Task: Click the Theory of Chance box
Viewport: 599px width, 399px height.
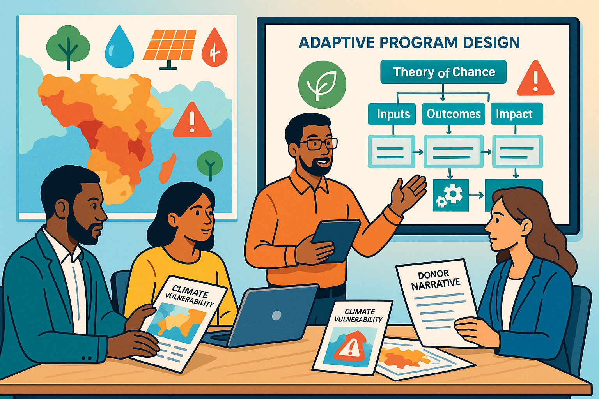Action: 443,72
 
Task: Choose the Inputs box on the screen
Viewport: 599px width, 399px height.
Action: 392,114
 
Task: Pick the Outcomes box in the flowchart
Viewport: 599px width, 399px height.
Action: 454,114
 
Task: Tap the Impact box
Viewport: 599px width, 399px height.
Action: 517,114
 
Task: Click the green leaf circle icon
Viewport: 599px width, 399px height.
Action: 322,84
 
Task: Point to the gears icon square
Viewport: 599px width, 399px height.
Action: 451,195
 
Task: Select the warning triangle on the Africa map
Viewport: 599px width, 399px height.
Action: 192,120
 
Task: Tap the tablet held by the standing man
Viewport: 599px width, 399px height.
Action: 336,240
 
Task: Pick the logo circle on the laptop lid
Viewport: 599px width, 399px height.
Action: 276,316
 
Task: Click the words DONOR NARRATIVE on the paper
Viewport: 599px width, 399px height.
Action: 436,280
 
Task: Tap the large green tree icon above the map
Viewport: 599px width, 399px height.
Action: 68,46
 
